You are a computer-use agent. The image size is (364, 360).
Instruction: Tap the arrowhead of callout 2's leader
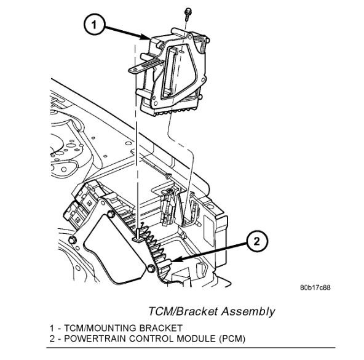pyautogui.click(x=176, y=262)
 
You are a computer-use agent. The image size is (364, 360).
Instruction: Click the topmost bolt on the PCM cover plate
pyautogui.click(x=111, y=214)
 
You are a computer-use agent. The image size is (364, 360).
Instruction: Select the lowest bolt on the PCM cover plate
pyautogui.click(x=151, y=269)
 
